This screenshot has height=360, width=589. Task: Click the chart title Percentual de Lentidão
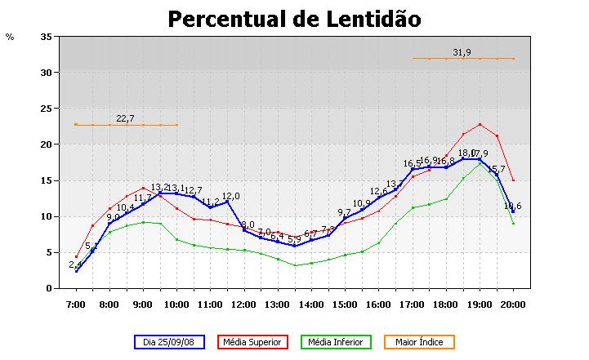point(294,19)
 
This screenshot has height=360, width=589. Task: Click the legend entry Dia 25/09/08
point(169,342)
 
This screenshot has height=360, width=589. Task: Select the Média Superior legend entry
point(252,342)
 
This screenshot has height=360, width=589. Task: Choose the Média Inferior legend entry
point(336,342)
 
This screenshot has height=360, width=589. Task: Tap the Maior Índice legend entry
point(417,342)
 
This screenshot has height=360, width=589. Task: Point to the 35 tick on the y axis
point(46,37)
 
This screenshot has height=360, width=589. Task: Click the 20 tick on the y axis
point(46,144)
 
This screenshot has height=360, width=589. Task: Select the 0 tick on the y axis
point(48,288)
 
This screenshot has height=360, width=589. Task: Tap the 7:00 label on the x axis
point(75,304)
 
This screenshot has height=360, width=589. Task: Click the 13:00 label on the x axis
point(278,304)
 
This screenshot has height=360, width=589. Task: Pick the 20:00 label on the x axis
point(513,304)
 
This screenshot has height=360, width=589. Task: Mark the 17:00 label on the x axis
point(413,304)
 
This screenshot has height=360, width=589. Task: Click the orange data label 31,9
point(462,52)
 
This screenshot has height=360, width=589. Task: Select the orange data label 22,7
point(125,118)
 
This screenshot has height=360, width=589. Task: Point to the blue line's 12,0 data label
point(231,196)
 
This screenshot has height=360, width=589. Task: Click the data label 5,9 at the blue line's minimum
point(293,239)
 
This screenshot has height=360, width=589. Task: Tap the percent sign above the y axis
point(10,37)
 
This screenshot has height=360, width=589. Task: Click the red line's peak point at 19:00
point(480,124)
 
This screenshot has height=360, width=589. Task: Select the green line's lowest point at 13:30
point(295,265)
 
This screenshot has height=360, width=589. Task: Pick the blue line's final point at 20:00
point(513,211)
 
